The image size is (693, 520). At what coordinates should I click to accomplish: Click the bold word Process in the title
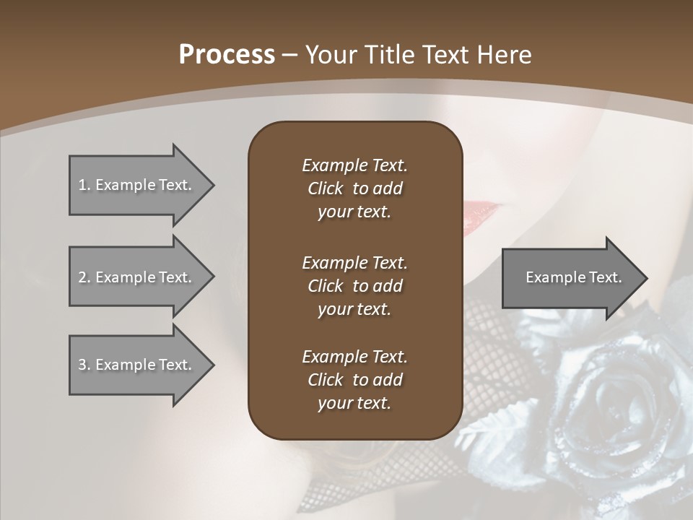pos(227,55)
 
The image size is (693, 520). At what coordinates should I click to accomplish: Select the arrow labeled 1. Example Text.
pos(135,185)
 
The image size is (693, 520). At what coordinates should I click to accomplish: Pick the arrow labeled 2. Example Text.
pos(135,277)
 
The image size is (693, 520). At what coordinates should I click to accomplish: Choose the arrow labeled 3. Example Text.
pos(135,365)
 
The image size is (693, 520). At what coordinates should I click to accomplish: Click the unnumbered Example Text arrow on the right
pos(573,277)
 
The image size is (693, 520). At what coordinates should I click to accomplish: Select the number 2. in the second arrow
pos(84,277)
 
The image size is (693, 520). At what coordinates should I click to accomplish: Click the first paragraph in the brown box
pos(354,188)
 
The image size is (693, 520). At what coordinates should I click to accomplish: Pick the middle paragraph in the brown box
pos(354,286)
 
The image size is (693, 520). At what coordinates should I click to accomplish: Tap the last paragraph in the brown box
pos(354,380)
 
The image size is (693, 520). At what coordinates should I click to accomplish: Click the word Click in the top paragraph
pos(326,188)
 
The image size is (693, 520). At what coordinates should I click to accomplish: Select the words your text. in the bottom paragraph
pos(354,404)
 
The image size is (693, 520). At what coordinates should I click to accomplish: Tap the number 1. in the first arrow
pos(84,185)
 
